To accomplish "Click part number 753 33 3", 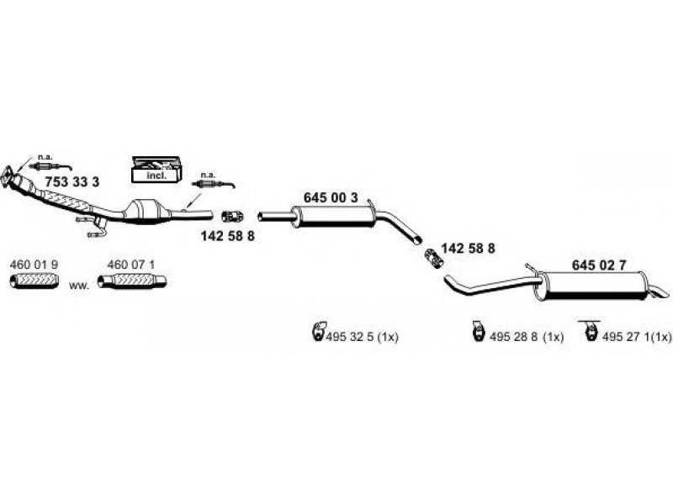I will [x=72, y=181].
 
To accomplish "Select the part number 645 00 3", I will [x=330, y=197].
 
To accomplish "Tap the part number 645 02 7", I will [x=599, y=265].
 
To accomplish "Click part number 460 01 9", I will [x=34, y=265].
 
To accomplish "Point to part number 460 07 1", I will [x=131, y=265].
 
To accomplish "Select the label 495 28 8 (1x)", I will [x=528, y=337].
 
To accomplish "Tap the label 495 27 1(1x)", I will [x=636, y=337].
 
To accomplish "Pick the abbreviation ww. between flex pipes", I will [x=78, y=286].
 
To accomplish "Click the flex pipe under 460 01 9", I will [x=34, y=281].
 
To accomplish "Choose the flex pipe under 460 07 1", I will [x=130, y=281].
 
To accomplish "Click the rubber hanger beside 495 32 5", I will [x=318, y=333].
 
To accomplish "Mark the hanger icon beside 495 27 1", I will [x=589, y=332].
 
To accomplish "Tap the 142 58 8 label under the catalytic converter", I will [x=227, y=237].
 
